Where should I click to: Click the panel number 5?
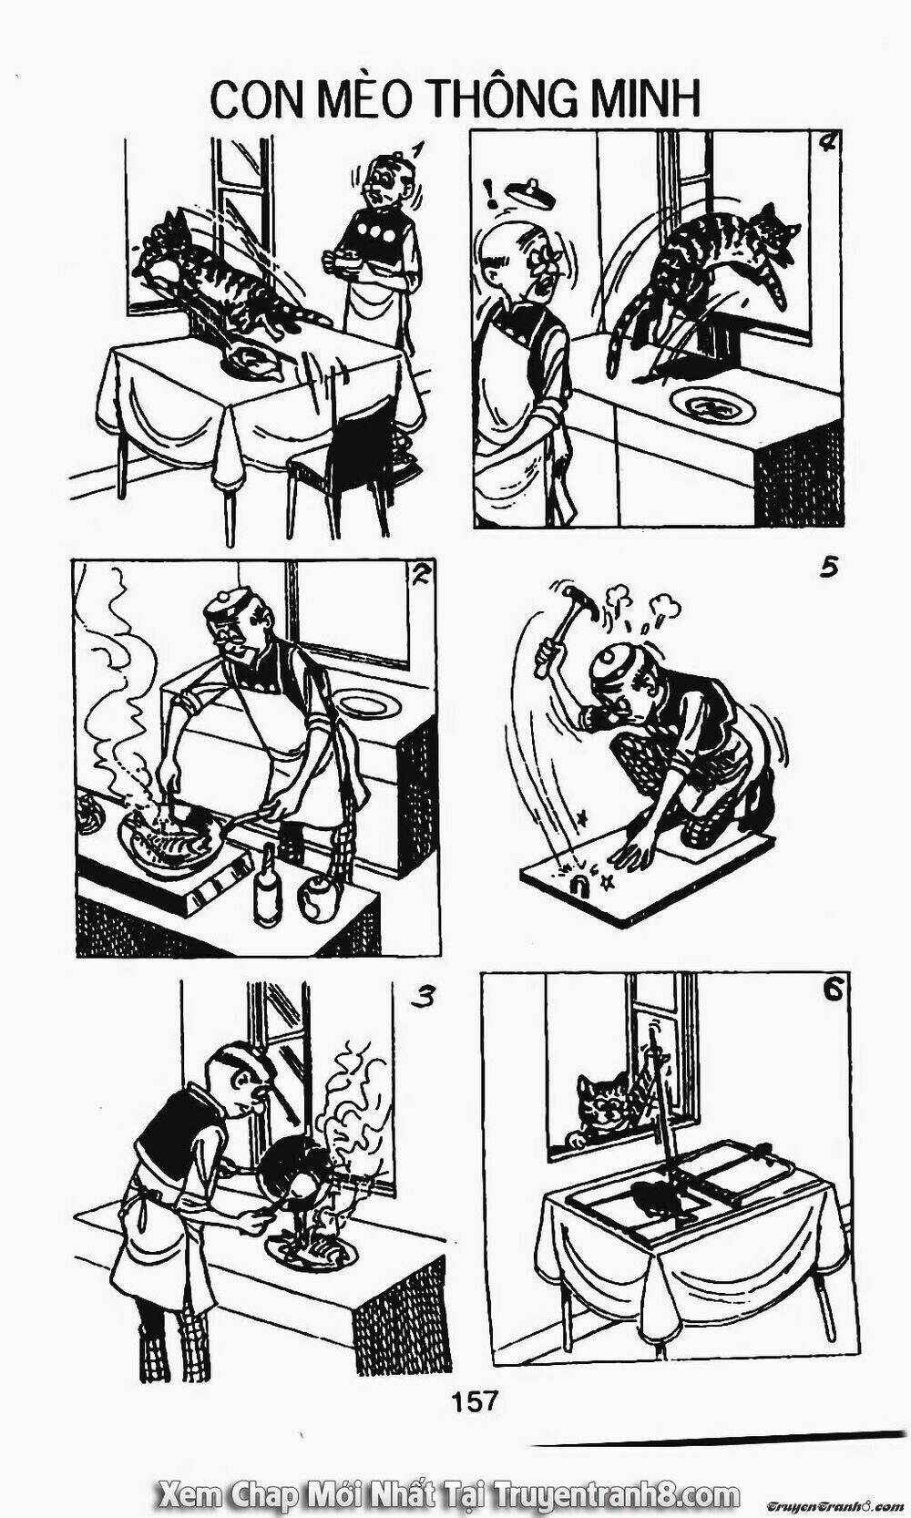point(827,569)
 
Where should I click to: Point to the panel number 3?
point(421,998)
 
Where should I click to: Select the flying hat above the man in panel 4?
point(526,192)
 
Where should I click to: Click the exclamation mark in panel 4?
point(492,192)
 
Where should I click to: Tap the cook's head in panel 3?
point(248,1080)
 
